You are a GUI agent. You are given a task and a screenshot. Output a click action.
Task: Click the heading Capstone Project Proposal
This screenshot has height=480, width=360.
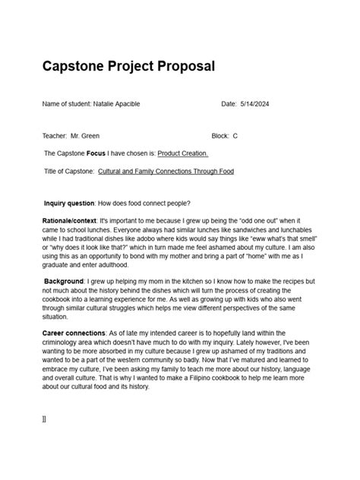point(128,67)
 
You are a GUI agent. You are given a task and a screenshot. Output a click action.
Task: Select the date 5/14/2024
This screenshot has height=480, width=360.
point(254,104)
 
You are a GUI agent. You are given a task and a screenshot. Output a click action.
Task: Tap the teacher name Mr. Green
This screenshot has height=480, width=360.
point(84,136)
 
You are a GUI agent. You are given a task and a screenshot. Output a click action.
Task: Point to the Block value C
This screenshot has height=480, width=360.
point(235,136)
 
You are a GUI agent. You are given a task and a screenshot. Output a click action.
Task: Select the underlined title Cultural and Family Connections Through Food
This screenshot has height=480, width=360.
point(166,172)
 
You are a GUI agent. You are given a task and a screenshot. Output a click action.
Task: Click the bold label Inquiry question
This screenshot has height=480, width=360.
point(69,203)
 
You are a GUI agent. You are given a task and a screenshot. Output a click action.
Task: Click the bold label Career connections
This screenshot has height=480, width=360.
point(74,333)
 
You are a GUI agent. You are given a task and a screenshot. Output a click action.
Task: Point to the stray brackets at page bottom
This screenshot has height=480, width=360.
point(44,418)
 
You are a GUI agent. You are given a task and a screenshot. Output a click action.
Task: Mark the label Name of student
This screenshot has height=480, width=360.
point(65,104)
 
